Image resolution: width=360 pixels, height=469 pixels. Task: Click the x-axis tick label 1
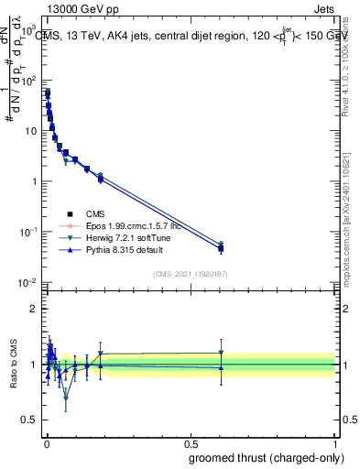pos(334,443)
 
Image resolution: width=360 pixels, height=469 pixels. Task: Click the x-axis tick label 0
pos(46,443)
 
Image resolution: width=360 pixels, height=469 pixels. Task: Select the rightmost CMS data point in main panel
pos(221,248)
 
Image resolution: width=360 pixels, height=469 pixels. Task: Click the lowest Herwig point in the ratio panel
pos(66,398)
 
